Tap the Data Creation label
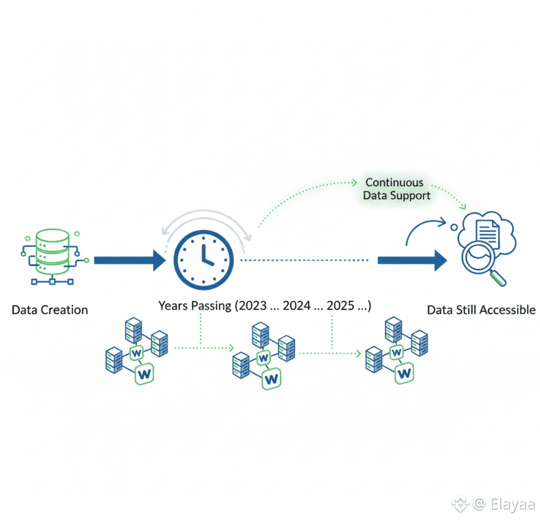click(x=50, y=310)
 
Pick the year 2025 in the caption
click(x=341, y=306)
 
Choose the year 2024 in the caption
click(x=297, y=306)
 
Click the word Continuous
click(x=394, y=182)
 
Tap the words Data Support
click(x=398, y=195)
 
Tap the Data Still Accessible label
click(x=481, y=310)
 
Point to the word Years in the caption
click(x=173, y=306)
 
